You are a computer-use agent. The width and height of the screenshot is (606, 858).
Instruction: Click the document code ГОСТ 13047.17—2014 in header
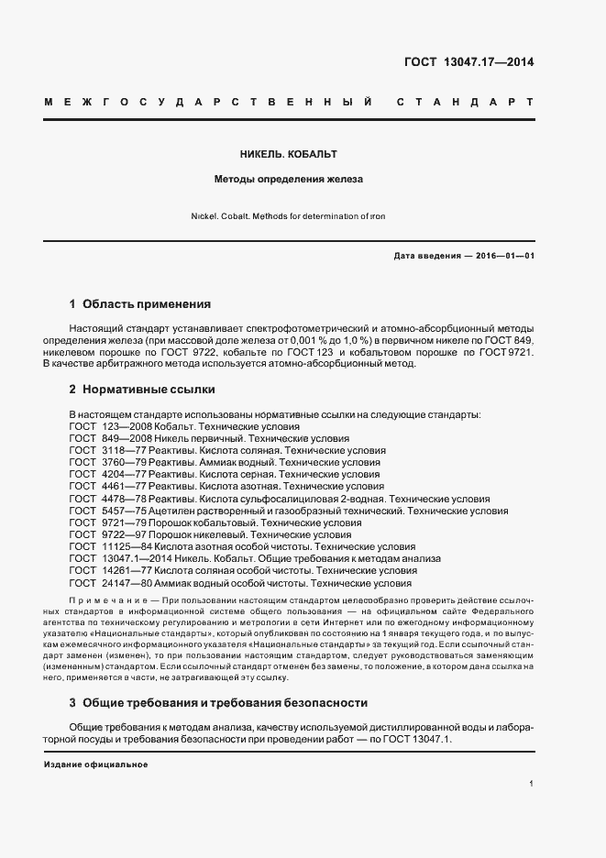pos(469,63)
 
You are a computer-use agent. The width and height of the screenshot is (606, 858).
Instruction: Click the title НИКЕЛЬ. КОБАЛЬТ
pos(289,155)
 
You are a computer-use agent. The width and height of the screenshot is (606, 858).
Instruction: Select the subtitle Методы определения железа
pos(289,180)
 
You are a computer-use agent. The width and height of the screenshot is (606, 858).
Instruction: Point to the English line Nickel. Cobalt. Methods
pos(289,217)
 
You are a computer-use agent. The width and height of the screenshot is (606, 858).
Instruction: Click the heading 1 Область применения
pos(140,303)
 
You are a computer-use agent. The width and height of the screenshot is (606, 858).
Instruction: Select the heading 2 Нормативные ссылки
pos(141,390)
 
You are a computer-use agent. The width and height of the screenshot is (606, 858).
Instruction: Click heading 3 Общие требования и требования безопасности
pos(218,703)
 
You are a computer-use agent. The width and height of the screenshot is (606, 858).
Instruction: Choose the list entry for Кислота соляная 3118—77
pos(227,451)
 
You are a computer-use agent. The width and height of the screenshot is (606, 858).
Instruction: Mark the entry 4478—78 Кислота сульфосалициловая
pos(280,499)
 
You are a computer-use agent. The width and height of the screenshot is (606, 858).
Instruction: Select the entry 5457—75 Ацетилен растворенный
pos(289,511)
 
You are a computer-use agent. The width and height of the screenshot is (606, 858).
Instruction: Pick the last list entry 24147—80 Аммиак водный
pos(240,582)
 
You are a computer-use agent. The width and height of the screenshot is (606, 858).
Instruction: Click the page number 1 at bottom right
pos(531,784)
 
